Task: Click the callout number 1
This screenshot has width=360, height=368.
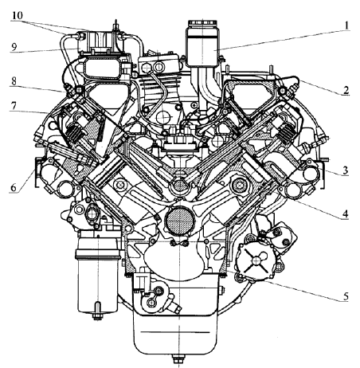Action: (346, 25)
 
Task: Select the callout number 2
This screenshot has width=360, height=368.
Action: (346, 91)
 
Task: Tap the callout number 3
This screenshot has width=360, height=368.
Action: (345, 170)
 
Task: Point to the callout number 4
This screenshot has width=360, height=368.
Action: (345, 213)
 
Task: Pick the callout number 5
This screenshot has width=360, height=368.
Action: (346, 296)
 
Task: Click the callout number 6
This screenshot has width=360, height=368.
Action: (14, 188)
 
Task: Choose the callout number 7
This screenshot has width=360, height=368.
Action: (14, 106)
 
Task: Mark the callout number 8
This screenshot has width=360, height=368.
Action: (14, 82)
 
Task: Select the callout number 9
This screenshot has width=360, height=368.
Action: (14, 47)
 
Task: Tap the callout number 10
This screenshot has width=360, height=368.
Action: (17, 15)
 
